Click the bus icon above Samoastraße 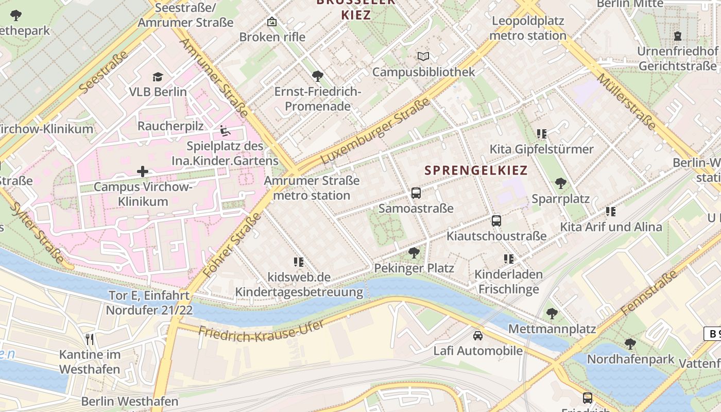[416, 193]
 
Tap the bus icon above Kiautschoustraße [496, 220]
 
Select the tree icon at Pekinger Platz [414, 252]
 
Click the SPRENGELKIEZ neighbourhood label [476, 170]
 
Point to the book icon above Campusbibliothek [423, 56]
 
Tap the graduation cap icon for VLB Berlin [158, 77]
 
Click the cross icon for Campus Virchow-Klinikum [143, 171]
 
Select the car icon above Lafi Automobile [478, 335]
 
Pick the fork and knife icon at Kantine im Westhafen [90, 339]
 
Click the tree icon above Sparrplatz [561, 183]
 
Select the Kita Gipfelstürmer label [541, 149]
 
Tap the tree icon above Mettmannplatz [552, 313]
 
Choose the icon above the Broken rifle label [272, 22]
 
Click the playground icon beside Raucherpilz [225, 130]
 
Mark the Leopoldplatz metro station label [528, 28]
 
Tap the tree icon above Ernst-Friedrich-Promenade [318, 76]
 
